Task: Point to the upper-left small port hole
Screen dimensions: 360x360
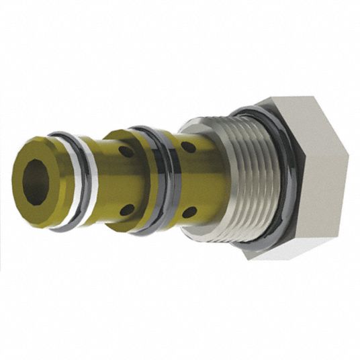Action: pos(126,152)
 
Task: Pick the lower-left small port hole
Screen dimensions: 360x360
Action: pos(126,210)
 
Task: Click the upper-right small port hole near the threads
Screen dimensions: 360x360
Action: pos(189,146)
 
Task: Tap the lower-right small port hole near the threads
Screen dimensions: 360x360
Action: pos(189,212)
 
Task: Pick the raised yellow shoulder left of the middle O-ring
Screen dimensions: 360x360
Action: pos(138,181)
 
